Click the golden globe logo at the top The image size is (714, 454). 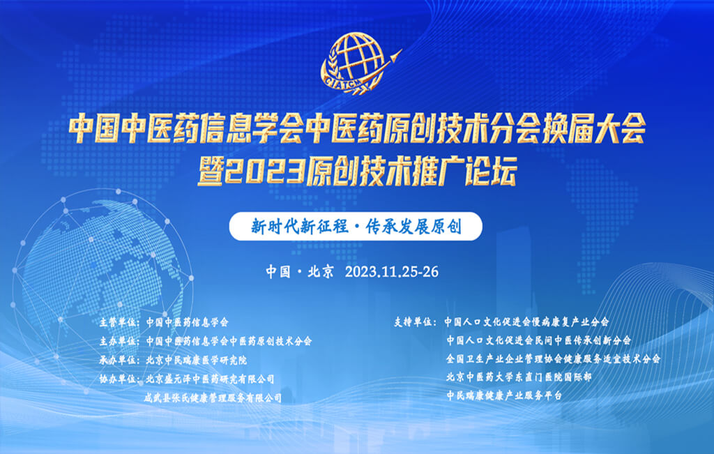(360, 63)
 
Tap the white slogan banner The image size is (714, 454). (356, 227)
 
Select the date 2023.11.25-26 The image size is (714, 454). (392, 272)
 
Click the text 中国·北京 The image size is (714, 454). (300, 272)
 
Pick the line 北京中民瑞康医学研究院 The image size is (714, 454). (196, 360)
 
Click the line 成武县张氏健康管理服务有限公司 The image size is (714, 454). (213, 398)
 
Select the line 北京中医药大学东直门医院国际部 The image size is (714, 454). (519, 377)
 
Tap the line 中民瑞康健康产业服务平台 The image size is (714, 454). (504, 395)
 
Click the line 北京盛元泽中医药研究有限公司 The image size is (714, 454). (210, 379)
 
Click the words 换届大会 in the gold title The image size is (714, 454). (593, 128)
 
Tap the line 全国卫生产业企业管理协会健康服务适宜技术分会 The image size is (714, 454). (553, 359)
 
